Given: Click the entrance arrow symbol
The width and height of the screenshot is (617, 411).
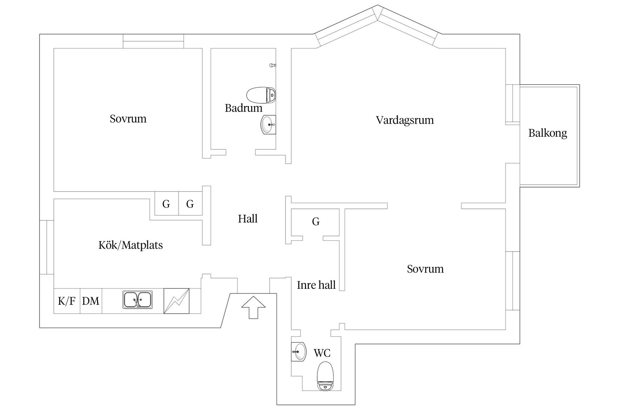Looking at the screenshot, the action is click(x=253, y=307).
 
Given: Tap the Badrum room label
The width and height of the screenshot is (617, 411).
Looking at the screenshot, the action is click(x=243, y=108).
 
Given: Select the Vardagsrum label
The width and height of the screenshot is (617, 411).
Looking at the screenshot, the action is click(x=405, y=120).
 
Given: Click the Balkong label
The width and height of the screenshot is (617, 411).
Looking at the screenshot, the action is click(x=548, y=133).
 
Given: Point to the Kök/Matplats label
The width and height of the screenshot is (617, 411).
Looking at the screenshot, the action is click(x=130, y=245).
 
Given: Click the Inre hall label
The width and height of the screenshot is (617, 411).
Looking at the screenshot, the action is click(x=316, y=285).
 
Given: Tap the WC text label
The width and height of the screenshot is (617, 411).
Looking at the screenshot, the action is click(x=322, y=353).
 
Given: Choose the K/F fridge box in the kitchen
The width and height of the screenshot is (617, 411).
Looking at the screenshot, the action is click(x=67, y=301).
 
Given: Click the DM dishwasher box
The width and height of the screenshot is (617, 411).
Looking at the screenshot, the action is click(x=91, y=301).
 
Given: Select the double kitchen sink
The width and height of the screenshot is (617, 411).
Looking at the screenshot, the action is click(x=137, y=300).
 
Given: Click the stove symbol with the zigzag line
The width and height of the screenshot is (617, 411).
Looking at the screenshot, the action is click(x=177, y=301).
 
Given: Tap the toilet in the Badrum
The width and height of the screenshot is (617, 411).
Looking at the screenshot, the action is click(x=261, y=95).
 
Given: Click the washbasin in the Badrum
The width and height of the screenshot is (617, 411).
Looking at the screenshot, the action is click(x=268, y=124).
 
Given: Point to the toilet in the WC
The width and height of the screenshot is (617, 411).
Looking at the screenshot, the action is click(x=325, y=376).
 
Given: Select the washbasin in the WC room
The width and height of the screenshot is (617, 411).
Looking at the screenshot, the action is click(x=299, y=352).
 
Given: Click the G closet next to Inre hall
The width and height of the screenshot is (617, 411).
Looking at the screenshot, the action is click(x=316, y=222).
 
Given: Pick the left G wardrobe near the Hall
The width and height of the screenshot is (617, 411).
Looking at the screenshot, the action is click(x=167, y=204).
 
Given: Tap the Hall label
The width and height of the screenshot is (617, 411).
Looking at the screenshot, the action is click(x=248, y=219).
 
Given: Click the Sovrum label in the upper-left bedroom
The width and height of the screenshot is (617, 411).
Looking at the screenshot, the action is click(x=128, y=119).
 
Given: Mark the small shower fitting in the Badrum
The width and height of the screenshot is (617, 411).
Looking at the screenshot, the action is click(x=273, y=65).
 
